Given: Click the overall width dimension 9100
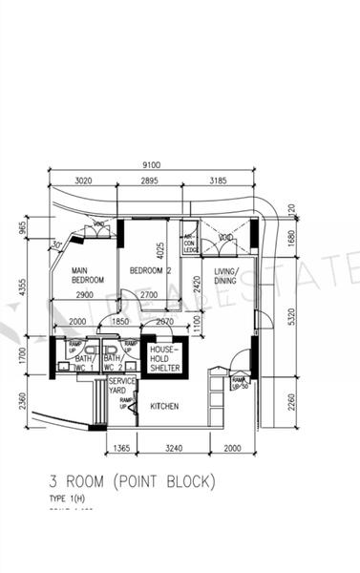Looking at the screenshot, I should (x=151, y=163).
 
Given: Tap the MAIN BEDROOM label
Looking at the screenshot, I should (x=87, y=276).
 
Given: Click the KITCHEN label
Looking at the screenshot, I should (x=164, y=406).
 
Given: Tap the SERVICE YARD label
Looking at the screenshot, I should (x=122, y=386).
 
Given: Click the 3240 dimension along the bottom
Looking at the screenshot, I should (x=175, y=446).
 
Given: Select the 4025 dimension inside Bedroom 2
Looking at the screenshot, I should (x=161, y=250).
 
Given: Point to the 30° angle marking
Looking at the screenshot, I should (x=57, y=244).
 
